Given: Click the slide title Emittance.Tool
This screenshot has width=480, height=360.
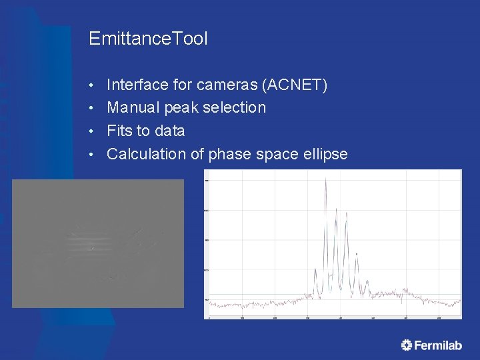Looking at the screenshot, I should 148,39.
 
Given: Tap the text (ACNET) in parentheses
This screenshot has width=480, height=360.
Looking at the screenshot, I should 294,85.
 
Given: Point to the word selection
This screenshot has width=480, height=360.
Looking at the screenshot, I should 236,107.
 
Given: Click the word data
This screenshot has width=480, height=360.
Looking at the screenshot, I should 169,131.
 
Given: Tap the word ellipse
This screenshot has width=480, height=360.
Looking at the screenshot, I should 323,154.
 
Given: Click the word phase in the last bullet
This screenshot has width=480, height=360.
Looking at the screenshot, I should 229,154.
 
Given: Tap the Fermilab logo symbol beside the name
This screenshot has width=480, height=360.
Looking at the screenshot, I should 407,345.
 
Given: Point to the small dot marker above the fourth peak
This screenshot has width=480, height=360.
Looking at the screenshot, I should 357,253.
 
